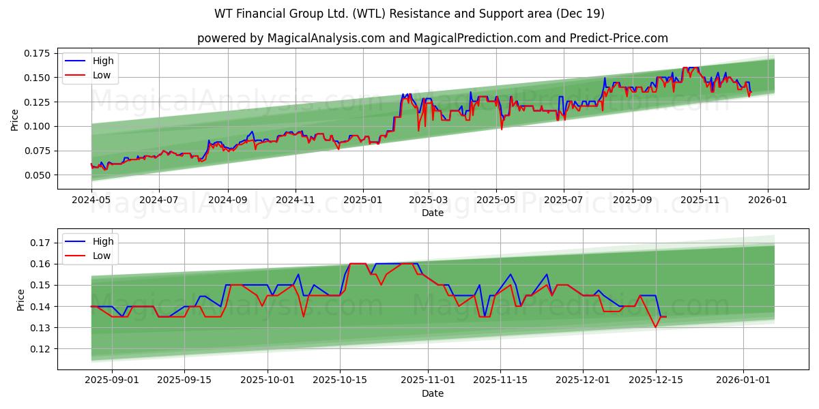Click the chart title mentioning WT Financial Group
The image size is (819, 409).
(x=409, y=14)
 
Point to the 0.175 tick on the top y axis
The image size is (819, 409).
(x=37, y=53)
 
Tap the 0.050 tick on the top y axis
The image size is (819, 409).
(x=37, y=175)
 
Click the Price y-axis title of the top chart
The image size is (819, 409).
(x=15, y=119)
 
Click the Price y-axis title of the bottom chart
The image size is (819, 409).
(x=20, y=300)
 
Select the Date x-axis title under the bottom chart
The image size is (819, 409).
(x=432, y=393)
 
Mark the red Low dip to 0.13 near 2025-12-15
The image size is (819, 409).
(x=655, y=327)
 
